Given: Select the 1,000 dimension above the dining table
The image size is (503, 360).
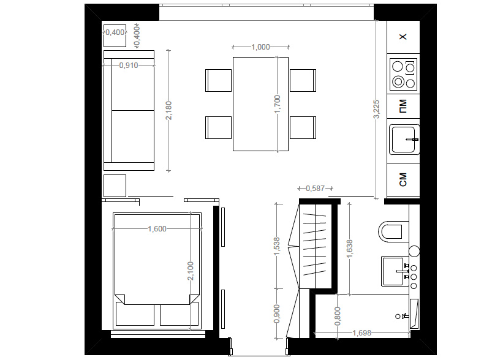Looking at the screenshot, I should pyautogui.click(x=261, y=47).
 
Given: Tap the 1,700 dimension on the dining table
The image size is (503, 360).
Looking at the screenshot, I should pyautogui.click(x=278, y=104).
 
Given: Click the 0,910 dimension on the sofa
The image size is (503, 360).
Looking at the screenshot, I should pyautogui.click(x=128, y=65).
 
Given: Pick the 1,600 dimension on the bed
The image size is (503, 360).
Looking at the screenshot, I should pyautogui.click(x=157, y=229).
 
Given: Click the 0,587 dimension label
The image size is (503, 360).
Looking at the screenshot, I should pyautogui.click(x=315, y=188).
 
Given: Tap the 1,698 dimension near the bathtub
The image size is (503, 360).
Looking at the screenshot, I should pyautogui.click(x=362, y=333).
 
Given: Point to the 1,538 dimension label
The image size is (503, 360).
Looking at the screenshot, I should pyautogui.click(x=278, y=247).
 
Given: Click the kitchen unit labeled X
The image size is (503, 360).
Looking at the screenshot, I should pyautogui.click(x=403, y=37).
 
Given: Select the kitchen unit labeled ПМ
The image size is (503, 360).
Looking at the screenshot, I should pyautogui.click(x=403, y=107).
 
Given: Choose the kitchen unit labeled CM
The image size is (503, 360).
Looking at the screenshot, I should pyautogui.click(x=403, y=179).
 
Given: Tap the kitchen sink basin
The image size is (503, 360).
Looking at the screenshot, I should pyautogui.click(x=404, y=139).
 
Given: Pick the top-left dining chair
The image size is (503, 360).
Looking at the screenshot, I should pyautogui.click(x=219, y=80).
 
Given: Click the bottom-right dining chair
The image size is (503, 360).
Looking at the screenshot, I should pyautogui.click(x=303, y=127).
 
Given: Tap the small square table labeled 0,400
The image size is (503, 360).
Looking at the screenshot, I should pyautogui.click(x=115, y=36).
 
